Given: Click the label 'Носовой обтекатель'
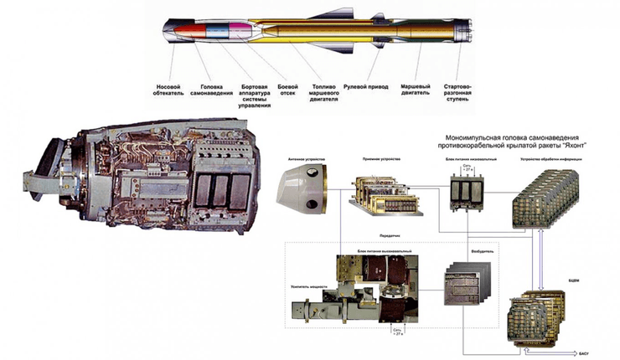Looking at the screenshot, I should pos(169,90).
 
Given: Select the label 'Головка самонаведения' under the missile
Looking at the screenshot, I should pos(206,90).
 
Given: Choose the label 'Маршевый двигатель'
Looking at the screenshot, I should pos(418,90).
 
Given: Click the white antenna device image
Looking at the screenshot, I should pos(301,186).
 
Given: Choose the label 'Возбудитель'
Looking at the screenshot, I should pos(462,247).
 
